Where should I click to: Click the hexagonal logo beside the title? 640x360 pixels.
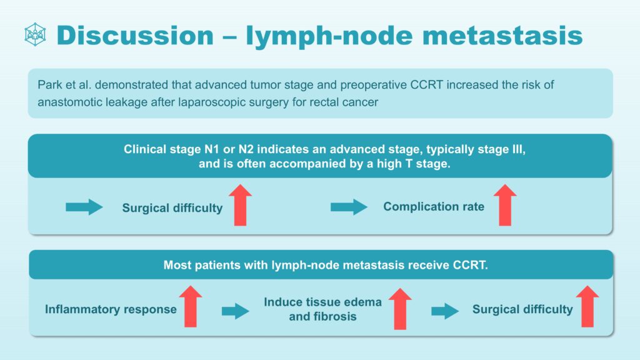pyautogui.click(x=35, y=34)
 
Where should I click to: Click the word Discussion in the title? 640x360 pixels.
pyautogui.click(x=135, y=35)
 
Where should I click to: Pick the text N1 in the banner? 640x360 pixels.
pyautogui.click(x=212, y=149)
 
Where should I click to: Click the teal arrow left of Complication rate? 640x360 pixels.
pyautogui.click(x=349, y=207)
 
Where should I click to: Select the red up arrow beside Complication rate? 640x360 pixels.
pyautogui.click(x=505, y=205)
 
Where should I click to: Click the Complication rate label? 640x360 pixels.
pyautogui.click(x=434, y=206)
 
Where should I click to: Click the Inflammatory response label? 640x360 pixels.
pyautogui.click(x=111, y=309)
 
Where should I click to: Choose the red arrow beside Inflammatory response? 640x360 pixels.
pyautogui.click(x=190, y=306)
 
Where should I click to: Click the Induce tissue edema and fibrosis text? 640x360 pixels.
pyautogui.click(x=323, y=309)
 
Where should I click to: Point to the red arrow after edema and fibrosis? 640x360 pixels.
pyautogui.click(x=400, y=309)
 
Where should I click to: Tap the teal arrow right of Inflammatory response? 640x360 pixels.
pyautogui.click(x=236, y=311)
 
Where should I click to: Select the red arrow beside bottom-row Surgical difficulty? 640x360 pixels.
pyautogui.click(x=587, y=306)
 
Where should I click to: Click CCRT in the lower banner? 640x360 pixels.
pyautogui.click(x=470, y=265)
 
